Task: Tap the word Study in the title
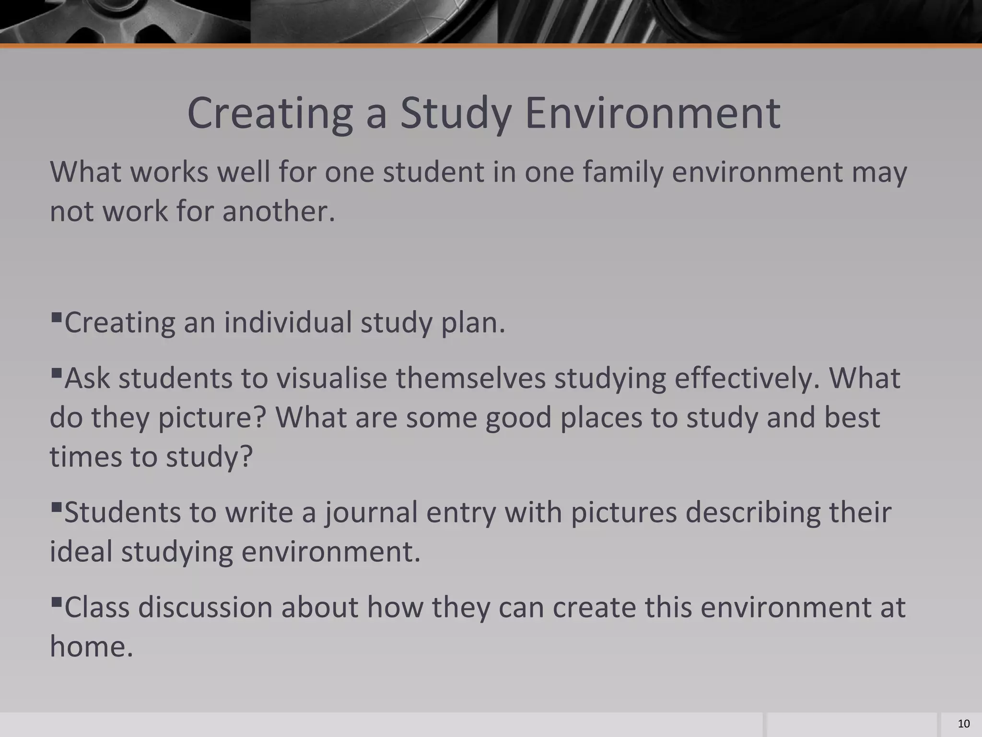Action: click(453, 114)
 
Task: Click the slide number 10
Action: click(963, 724)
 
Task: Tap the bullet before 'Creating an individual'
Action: click(56, 317)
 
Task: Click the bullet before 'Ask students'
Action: click(56, 373)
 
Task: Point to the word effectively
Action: click(748, 378)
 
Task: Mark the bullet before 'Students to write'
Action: click(56, 507)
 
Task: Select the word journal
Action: click(371, 512)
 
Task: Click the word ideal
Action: click(81, 551)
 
